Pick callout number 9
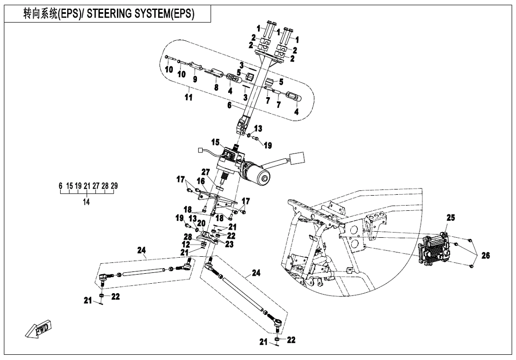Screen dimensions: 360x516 coord(194,78)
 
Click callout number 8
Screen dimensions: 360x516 coord(216,88)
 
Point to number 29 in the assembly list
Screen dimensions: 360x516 coord(114,186)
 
